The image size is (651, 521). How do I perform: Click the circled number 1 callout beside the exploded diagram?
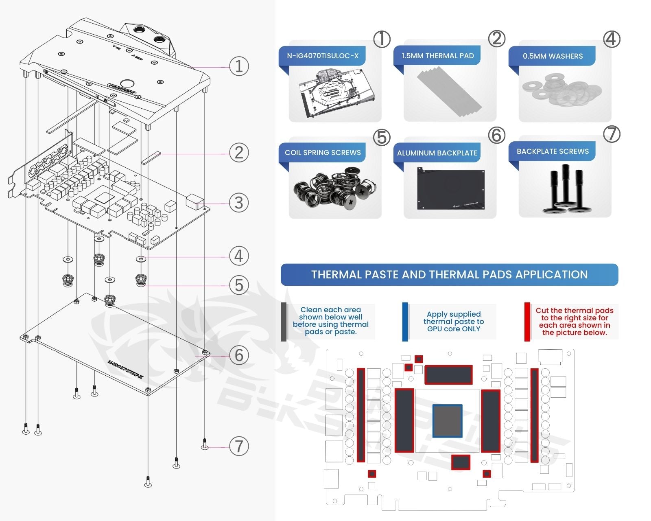(x=239, y=66)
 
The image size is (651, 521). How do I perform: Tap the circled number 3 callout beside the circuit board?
(x=239, y=203)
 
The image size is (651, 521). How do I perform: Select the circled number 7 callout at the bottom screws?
(x=239, y=446)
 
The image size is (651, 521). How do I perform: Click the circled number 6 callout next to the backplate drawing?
(x=239, y=355)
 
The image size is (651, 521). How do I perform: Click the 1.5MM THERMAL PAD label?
(x=437, y=56)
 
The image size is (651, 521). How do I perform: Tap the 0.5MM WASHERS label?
(x=553, y=56)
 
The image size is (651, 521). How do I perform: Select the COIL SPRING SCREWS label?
(x=323, y=153)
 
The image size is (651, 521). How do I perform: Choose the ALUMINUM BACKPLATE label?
(x=437, y=153)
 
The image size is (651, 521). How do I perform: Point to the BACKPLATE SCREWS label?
(x=553, y=151)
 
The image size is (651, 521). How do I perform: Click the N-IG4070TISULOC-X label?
(x=323, y=56)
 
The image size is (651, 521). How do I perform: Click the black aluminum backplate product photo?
(x=451, y=189)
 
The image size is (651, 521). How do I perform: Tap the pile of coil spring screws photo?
(x=334, y=189)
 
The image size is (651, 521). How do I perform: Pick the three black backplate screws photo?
(x=565, y=189)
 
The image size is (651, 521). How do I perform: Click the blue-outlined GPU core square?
(x=447, y=421)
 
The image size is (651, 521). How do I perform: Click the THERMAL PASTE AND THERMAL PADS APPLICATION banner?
(x=449, y=275)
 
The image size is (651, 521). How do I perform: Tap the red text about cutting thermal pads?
(x=574, y=322)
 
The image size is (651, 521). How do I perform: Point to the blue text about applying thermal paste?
(x=454, y=322)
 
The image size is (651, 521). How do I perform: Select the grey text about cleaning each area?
(x=330, y=321)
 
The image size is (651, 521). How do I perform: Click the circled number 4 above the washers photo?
(x=612, y=39)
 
